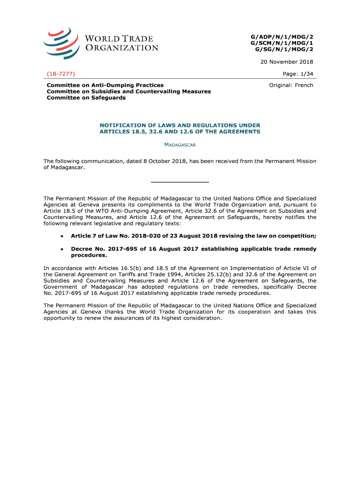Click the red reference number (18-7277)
coord(62,74)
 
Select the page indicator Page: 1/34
coord(298,74)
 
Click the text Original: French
coord(291,85)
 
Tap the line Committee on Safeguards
coord(86,98)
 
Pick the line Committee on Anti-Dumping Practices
coord(105,85)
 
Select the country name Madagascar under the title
coord(180,145)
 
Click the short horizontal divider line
coord(180,181)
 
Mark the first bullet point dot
coord(62,236)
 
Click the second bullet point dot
coord(62,249)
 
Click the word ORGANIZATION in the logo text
coord(122,48)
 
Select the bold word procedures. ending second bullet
coord(89,255)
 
